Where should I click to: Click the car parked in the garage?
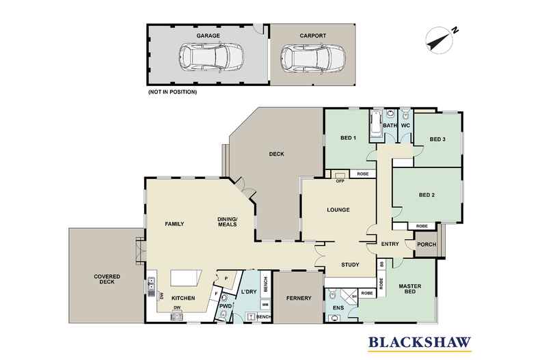click(209, 58)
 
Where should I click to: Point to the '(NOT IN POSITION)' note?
click(172, 92)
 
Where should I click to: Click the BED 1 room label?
click(349, 138)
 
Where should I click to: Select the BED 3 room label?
click(437, 139)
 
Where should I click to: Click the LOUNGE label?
click(338, 210)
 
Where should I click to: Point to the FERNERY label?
click(299, 298)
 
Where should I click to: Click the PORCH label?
click(426, 245)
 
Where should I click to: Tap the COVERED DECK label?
click(107, 280)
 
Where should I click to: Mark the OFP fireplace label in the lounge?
click(340, 181)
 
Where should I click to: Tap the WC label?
click(405, 126)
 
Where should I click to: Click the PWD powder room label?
click(226, 306)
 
